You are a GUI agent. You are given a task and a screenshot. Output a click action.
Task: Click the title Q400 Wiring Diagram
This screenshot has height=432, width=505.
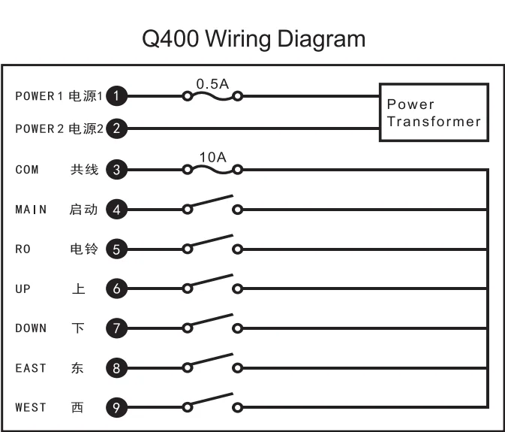click(x=253, y=38)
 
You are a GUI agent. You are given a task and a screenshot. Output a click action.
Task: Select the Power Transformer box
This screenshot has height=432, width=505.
click(x=434, y=113)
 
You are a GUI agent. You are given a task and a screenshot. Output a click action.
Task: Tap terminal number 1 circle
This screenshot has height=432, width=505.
click(x=116, y=95)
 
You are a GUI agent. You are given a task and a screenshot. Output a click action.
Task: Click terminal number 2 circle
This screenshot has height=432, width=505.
click(x=116, y=128)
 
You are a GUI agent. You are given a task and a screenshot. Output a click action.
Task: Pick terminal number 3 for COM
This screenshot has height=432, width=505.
click(x=116, y=169)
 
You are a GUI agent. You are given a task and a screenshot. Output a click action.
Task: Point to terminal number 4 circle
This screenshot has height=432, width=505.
click(x=116, y=210)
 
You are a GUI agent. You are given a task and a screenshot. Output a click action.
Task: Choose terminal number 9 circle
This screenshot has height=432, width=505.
click(x=116, y=407)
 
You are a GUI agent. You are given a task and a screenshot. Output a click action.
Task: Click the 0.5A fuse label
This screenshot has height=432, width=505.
click(x=212, y=83)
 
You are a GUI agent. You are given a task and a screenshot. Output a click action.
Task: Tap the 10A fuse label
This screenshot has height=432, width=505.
click(x=212, y=156)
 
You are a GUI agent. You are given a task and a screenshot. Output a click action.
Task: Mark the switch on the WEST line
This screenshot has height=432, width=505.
click(x=212, y=403)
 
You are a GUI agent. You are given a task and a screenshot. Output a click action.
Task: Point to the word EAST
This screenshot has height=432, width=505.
click(x=31, y=368)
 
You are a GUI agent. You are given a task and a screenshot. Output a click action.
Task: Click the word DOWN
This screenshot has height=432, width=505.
click(x=31, y=328)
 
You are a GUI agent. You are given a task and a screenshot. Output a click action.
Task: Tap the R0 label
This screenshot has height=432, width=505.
click(x=23, y=249)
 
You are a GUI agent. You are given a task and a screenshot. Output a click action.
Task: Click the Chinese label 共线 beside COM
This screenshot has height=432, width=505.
click(x=84, y=170)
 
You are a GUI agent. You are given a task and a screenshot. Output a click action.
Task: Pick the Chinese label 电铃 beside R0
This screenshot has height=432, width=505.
click(x=83, y=249)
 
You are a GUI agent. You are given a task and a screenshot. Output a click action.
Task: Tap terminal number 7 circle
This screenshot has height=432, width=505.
click(x=116, y=328)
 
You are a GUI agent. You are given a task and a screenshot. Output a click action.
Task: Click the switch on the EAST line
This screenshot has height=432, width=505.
click(x=212, y=364)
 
